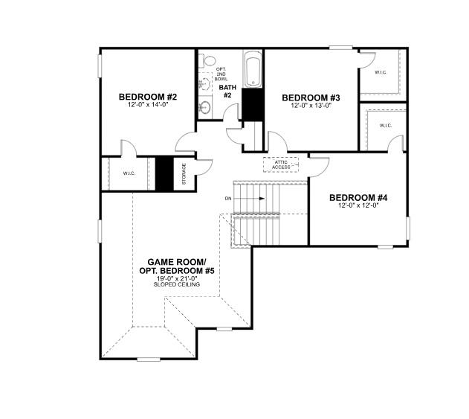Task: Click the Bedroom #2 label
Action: pos(148,97)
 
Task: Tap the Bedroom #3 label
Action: pos(311,97)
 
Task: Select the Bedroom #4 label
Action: pos(358,197)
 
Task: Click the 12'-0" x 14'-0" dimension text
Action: pos(148,105)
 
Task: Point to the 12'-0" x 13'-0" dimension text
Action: pos(311,106)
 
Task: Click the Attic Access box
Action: pos(281,164)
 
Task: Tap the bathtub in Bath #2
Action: pos(253,69)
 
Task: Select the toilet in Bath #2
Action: pos(210,61)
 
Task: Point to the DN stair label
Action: pos(229,199)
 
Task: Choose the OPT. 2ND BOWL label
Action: pos(221,74)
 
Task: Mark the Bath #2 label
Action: pos(227,92)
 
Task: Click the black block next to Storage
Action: pos(164,174)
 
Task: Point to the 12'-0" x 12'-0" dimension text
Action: pos(358,205)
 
